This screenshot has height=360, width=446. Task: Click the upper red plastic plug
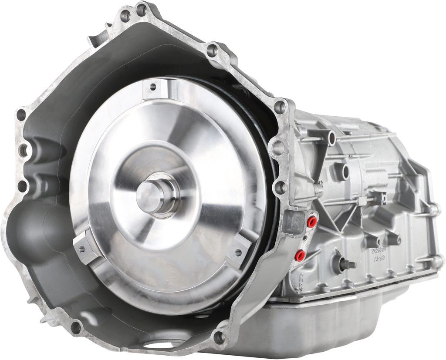[311, 222]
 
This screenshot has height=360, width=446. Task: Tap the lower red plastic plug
[300, 256]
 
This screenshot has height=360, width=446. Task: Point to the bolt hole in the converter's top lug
[153, 86]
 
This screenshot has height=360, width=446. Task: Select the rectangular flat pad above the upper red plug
[294, 222]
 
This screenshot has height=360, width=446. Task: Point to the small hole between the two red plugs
[305, 239]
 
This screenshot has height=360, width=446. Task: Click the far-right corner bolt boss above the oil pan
[436, 261]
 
